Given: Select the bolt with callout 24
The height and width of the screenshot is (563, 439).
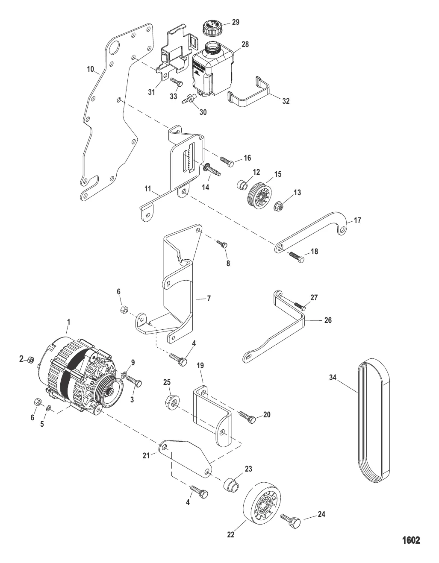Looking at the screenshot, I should pyautogui.click(x=291, y=520).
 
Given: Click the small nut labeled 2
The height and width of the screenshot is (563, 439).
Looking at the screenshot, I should pyautogui.click(x=31, y=359).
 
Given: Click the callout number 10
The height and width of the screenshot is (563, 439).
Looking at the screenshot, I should pyautogui.click(x=90, y=69).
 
